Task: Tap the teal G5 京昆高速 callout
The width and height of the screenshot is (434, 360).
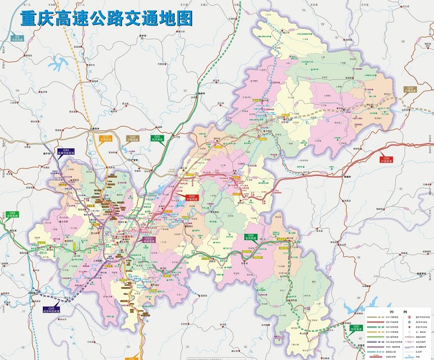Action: [17, 38]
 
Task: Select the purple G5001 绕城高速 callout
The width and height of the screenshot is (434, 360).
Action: [149, 238]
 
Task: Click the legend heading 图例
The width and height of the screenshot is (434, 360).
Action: [399, 313]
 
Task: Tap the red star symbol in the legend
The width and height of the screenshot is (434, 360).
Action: [410, 318]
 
